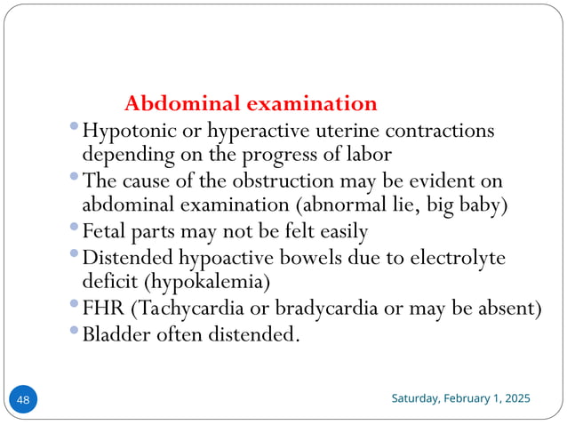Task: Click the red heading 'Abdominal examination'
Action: (251, 103)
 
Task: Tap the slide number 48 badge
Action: (23, 400)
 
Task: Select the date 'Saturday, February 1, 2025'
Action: (461, 398)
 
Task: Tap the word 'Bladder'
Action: (115, 335)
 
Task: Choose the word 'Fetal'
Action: (105, 233)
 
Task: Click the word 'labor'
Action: (369, 155)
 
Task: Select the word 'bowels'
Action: (305, 258)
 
